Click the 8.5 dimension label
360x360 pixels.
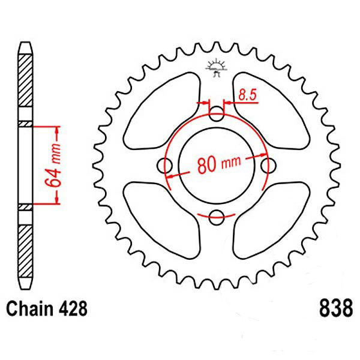pos(247,94)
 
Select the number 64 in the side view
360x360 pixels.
pos(53,178)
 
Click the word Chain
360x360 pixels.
pos(29,308)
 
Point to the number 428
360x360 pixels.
pos(73,308)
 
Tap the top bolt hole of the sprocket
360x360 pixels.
pos(216,113)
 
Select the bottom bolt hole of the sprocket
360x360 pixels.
pos(216,217)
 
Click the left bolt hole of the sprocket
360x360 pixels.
pos(164,166)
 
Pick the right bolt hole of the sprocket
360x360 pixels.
pos(268,166)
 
